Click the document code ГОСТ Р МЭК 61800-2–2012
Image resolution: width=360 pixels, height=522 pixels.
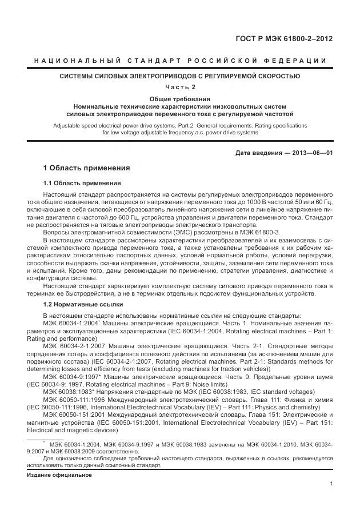[x=284, y=39]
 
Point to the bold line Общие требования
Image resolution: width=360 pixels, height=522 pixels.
[x=180, y=99]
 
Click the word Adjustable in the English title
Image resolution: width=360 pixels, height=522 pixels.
[x=67, y=125]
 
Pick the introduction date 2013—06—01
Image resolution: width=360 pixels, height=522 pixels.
[x=314, y=153]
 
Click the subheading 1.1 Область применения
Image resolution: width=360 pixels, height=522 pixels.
[x=82, y=184]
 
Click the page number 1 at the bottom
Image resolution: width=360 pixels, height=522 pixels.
[x=331, y=484]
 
